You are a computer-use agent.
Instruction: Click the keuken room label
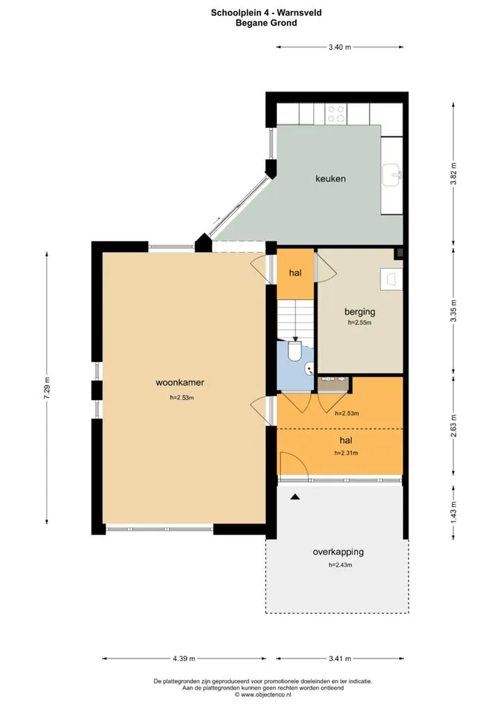(331, 178)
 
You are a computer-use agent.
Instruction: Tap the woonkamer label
(180, 383)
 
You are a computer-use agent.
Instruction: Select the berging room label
(360, 312)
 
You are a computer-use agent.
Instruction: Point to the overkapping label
(338, 552)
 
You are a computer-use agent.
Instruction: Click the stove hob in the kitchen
(336, 114)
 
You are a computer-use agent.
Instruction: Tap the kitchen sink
(392, 176)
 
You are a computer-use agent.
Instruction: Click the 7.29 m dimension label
(47, 387)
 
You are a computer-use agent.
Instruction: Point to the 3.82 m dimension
(453, 173)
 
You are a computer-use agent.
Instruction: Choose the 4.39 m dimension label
(184, 659)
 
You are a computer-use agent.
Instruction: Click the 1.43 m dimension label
(453, 511)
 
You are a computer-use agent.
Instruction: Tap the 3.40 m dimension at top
(340, 47)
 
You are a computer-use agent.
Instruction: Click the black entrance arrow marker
(295, 497)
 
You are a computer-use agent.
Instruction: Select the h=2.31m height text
(346, 453)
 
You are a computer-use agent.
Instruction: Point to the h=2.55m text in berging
(360, 323)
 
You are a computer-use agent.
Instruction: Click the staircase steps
(295, 319)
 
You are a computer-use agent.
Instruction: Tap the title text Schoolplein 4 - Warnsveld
(267, 13)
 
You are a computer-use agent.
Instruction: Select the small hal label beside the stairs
(295, 273)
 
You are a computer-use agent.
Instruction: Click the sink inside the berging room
(391, 279)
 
